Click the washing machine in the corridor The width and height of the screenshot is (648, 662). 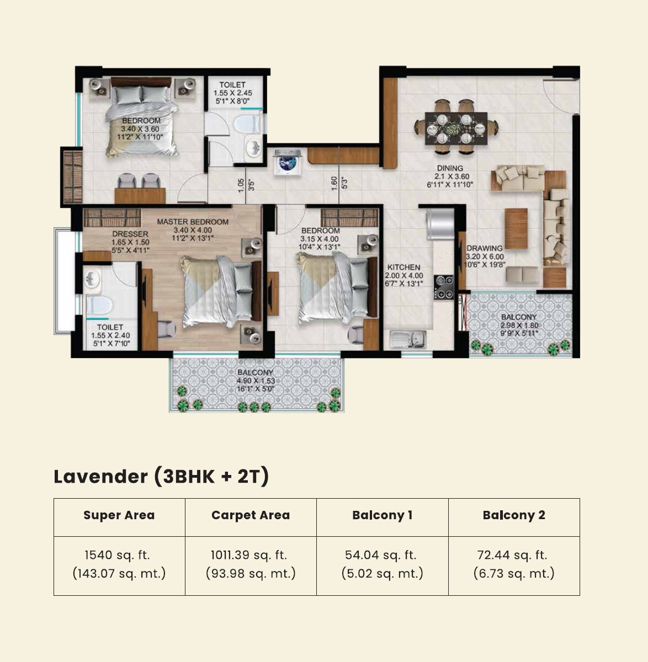287,161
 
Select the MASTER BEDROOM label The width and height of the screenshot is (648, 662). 193,222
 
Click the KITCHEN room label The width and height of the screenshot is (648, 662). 403,267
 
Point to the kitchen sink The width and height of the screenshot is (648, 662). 408,338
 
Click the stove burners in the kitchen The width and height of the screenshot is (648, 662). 443,287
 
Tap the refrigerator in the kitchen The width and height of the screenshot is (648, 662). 439,223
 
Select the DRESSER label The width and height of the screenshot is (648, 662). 130,234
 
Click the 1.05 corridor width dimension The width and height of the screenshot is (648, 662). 241,185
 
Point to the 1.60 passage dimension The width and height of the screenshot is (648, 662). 333,183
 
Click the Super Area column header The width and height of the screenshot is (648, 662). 119,515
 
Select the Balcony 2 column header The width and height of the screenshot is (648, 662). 514,515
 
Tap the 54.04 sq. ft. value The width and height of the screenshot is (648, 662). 381,555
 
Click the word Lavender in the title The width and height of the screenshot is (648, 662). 100,476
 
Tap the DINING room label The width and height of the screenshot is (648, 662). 450,168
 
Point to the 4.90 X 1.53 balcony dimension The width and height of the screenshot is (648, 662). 256,381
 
